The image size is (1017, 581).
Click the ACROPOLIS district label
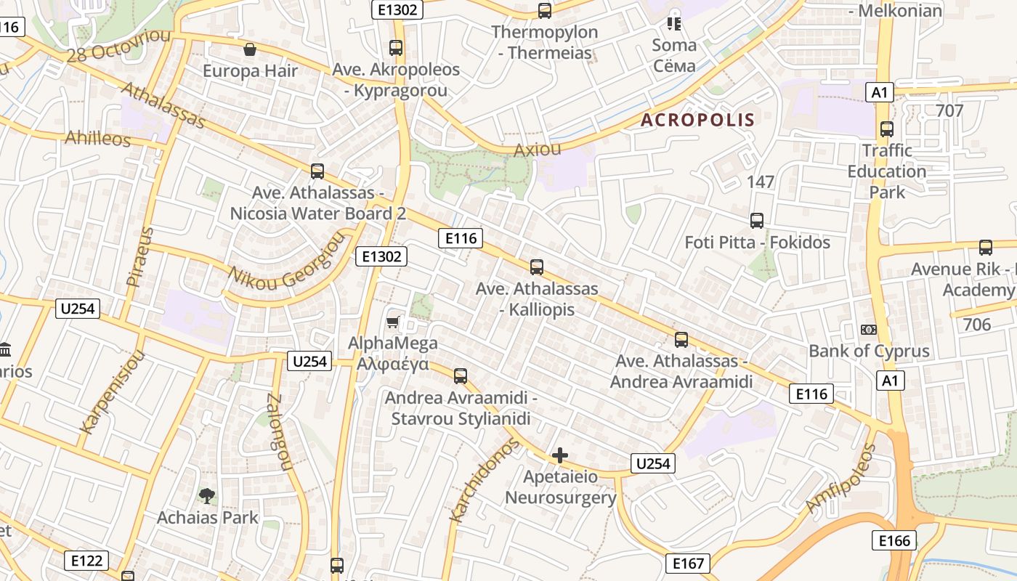pos(697,120)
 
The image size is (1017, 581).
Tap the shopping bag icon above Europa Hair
pos(250,49)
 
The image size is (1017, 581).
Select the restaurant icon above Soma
pos(674,24)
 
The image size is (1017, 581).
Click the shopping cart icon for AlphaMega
pos(393,321)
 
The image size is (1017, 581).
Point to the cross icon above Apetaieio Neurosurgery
pos(560,455)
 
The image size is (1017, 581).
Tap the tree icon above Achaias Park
pos(207,496)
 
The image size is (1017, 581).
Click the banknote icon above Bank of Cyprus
pos(868,330)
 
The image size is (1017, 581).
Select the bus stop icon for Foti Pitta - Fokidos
pos(757,221)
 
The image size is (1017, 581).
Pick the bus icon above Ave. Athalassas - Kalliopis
pos(537,267)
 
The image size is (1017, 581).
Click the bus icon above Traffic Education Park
pos(886,129)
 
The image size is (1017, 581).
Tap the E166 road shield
pos(894,540)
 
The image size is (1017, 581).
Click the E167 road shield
pos(687,563)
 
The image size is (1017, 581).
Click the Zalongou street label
pos(279,432)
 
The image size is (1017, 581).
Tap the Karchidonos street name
pos(485,480)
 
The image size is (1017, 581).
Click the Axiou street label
pos(538,150)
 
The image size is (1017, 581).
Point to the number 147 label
pos(761,182)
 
